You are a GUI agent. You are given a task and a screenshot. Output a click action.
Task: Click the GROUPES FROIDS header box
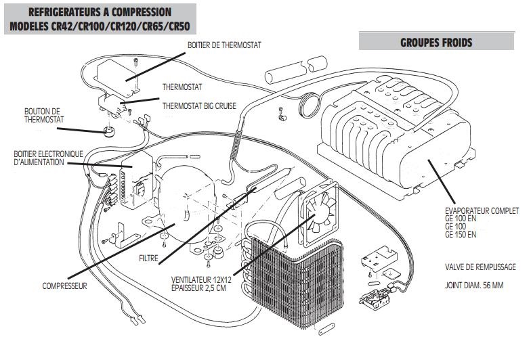click(436, 42)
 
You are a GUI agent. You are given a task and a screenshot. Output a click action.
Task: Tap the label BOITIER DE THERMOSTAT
click(224, 45)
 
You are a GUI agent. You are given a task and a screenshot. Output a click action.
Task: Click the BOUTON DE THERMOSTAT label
click(43, 115)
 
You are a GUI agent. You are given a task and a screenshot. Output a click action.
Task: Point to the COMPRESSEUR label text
click(64, 286)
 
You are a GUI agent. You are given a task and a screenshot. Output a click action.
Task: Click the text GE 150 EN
click(461, 235)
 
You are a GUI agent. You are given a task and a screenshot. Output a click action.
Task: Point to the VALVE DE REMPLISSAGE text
click(481, 267)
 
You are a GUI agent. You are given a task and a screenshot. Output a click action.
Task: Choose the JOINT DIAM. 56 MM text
click(475, 285)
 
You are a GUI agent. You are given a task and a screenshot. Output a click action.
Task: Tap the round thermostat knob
click(108, 129)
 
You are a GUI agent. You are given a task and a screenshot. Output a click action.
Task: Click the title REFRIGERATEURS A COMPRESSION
click(100, 12)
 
